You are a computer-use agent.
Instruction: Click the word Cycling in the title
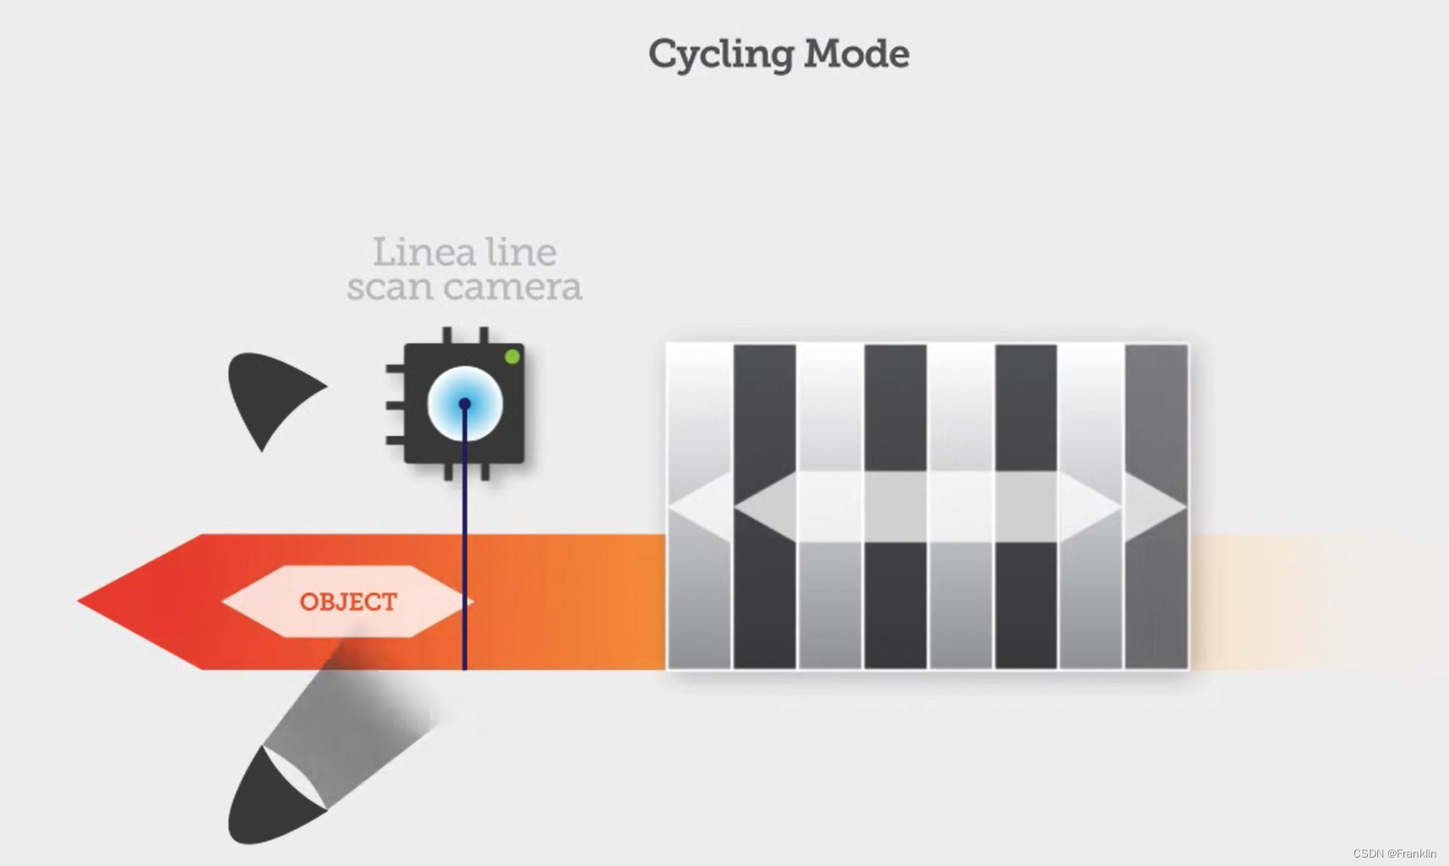[720, 55]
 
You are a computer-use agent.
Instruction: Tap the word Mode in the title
[856, 54]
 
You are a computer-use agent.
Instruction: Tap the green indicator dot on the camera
[511, 357]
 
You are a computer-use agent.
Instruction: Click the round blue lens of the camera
[465, 404]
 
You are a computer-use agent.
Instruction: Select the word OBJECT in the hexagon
[347, 602]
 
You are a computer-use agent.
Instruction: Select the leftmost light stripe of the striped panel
[699, 406]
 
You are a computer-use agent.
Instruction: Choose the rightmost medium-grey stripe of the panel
[1156, 406]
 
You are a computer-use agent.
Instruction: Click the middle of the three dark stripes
[895, 406]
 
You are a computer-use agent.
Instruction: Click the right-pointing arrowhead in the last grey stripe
[1156, 507]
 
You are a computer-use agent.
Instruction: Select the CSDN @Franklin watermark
[1394, 853]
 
